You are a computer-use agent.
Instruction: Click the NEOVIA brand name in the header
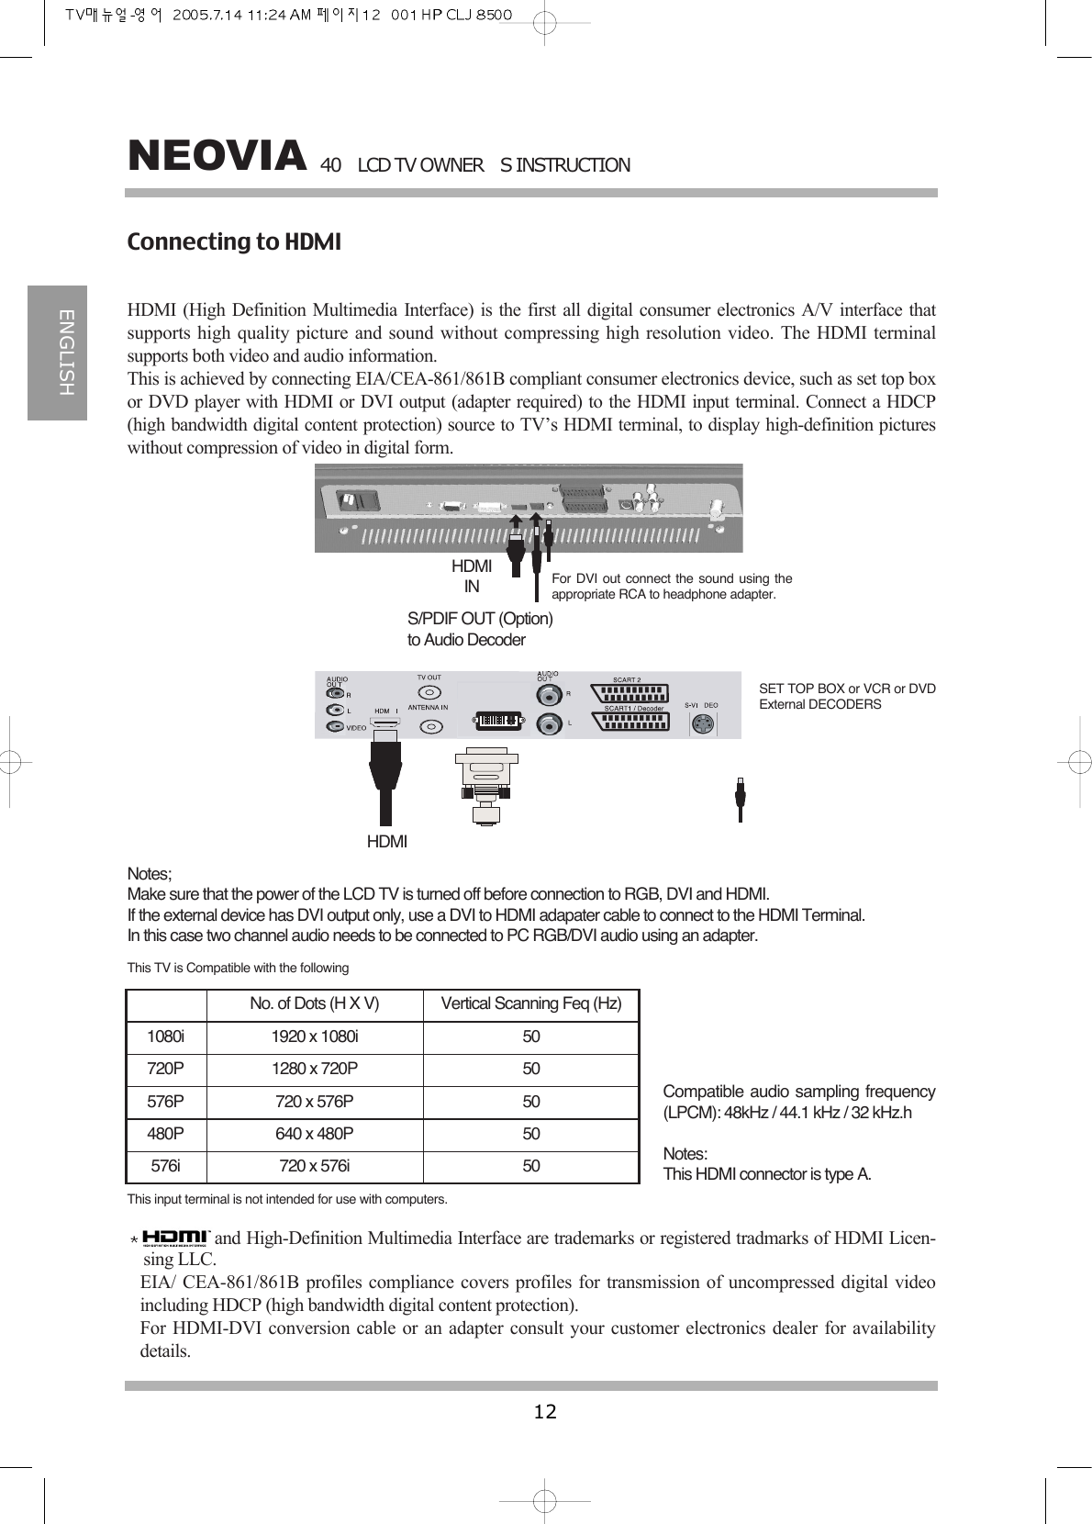click(217, 156)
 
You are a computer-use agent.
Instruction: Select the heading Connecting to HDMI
click(234, 242)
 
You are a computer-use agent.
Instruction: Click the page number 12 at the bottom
click(545, 1411)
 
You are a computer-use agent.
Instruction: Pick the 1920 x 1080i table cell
click(315, 1037)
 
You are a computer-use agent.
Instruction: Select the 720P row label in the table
click(165, 1069)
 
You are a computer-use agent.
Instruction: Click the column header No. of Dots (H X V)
click(315, 1003)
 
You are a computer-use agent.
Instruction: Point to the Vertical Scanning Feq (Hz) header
click(531, 1003)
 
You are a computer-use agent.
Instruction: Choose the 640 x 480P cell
click(315, 1134)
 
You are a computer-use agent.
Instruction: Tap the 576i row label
click(165, 1166)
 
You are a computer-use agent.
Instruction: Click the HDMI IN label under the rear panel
click(472, 577)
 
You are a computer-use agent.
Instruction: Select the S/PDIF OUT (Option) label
click(480, 619)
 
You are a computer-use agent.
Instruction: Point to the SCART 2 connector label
click(627, 680)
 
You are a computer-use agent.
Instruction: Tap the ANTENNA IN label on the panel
click(428, 707)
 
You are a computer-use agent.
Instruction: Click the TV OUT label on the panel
click(429, 678)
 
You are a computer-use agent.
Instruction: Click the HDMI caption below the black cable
click(387, 842)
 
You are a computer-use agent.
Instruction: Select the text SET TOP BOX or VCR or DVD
click(847, 689)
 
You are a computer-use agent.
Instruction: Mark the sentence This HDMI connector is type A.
click(767, 1174)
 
